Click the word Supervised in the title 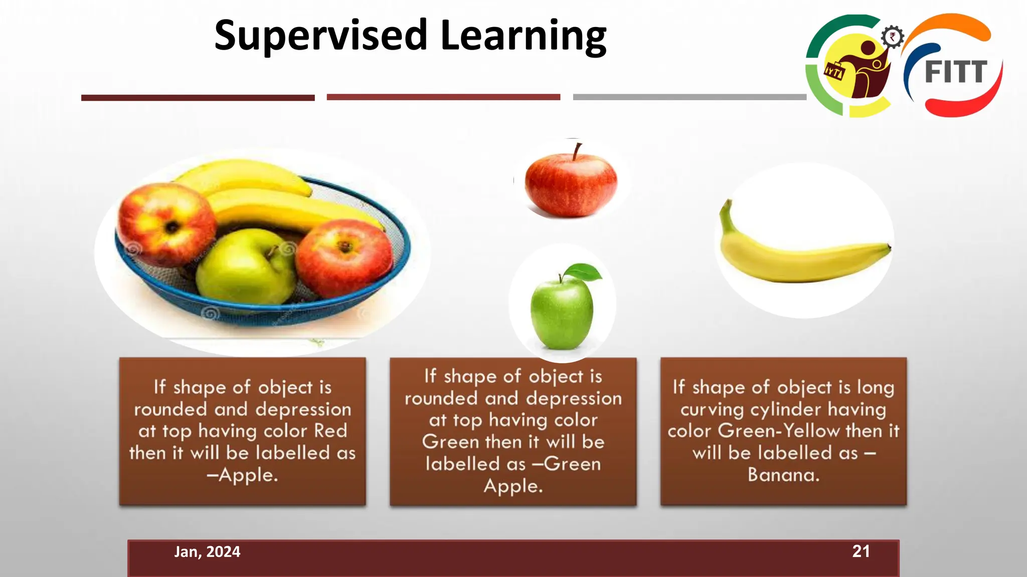[x=320, y=36]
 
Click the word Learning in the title [x=524, y=36]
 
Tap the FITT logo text [x=956, y=72]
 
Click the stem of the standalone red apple [x=577, y=151]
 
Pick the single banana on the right [x=802, y=255]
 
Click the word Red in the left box [x=330, y=431]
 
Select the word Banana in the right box [x=783, y=474]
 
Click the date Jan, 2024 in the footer [x=207, y=551]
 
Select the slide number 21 [x=861, y=551]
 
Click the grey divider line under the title [x=690, y=97]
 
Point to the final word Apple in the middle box [x=513, y=486]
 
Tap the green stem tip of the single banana [x=726, y=205]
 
